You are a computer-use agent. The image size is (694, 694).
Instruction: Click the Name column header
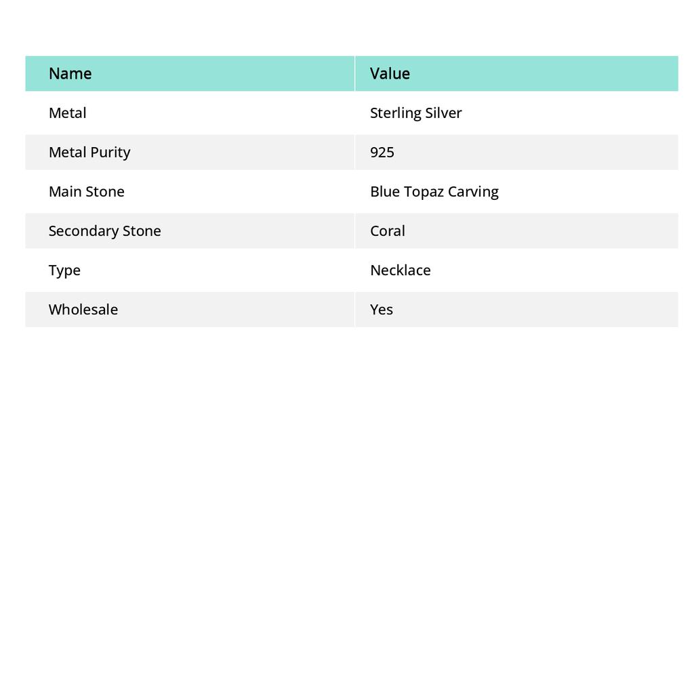click(x=70, y=74)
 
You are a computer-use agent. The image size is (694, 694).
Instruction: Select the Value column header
click(x=390, y=74)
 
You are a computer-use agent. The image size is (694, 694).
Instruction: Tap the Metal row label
click(x=67, y=113)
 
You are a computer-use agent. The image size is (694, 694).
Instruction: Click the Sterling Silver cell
click(x=415, y=113)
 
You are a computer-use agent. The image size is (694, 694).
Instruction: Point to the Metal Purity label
click(x=89, y=152)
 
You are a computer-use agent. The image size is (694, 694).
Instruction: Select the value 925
click(x=382, y=152)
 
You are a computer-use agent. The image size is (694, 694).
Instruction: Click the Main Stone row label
click(x=86, y=192)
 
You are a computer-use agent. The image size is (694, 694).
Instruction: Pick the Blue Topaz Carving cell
click(x=434, y=192)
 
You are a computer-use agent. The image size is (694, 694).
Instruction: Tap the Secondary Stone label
click(x=104, y=231)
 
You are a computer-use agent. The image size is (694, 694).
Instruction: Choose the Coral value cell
click(x=388, y=231)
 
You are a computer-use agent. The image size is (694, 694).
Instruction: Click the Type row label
click(x=64, y=270)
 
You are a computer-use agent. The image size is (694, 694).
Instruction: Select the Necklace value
click(x=400, y=270)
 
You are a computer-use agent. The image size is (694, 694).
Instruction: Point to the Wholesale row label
click(x=83, y=310)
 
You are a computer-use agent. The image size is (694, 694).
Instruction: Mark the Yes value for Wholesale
click(x=382, y=310)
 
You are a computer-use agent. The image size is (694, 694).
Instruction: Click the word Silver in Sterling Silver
click(x=443, y=113)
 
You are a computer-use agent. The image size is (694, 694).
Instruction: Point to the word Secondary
click(x=80, y=231)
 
